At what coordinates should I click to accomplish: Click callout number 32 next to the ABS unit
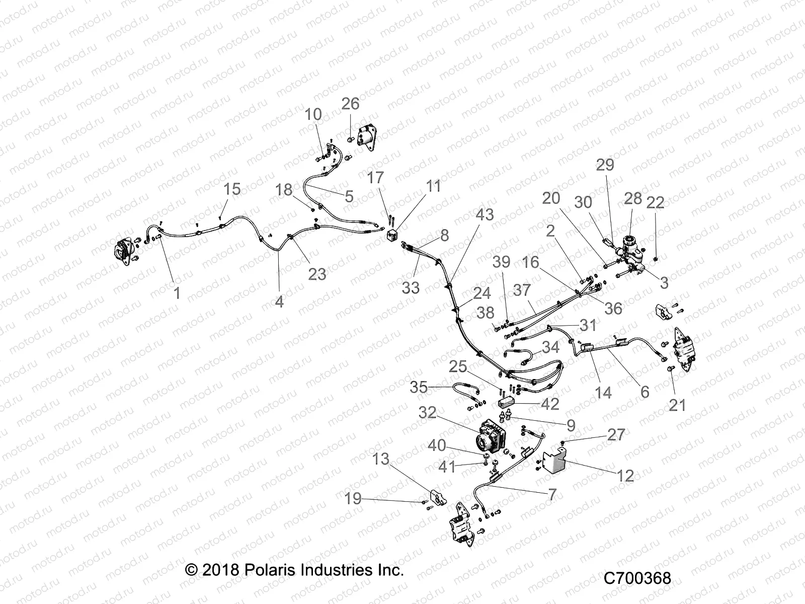click(427, 413)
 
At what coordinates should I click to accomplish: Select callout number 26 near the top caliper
click(350, 104)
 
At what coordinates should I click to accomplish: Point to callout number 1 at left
click(177, 292)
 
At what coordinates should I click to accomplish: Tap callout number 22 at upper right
click(655, 202)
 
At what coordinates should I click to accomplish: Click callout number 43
click(485, 214)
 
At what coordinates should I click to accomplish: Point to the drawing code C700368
click(637, 578)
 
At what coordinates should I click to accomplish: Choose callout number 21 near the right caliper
click(678, 404)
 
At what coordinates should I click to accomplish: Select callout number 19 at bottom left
click(353, 499)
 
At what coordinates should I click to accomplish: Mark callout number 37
click(522, 290)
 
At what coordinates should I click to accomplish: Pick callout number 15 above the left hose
click(232, 189)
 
